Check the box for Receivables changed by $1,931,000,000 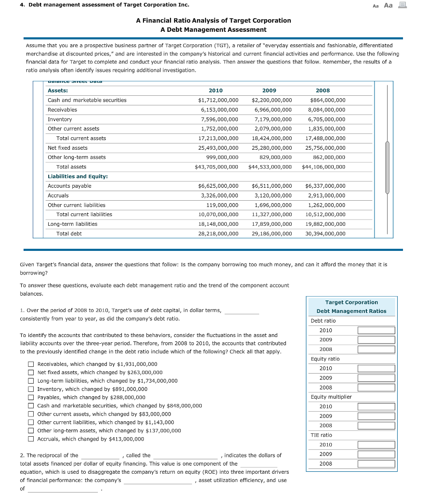click(30, 364)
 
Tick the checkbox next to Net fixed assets click(30, 372)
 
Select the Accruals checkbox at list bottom click(30, 439)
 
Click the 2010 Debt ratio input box click(376, 330)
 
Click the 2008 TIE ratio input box click(376, 464)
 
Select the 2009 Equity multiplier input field click(376, 416)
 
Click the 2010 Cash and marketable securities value click(218, 100)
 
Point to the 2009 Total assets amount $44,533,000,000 click(270, 167)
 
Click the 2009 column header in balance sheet click(269, 91)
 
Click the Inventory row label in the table click(60, 119)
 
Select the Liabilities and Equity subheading click(78, 176)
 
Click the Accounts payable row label click(69, 186)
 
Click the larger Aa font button click(388, 5)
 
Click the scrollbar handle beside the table click(387, 168)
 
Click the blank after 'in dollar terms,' click(242, 311)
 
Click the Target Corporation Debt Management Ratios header click(351, 306)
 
